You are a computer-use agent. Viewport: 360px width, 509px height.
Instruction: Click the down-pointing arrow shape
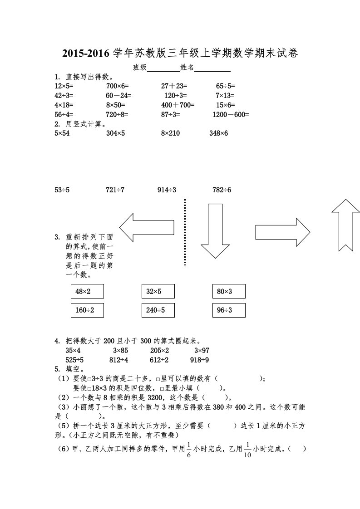(x=215, y=231)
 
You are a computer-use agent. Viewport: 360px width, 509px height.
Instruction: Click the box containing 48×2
(x=87, y=291)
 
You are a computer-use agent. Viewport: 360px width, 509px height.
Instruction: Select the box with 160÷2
(x=87, y=310)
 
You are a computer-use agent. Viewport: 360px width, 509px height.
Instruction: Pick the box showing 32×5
(x=158, y=291)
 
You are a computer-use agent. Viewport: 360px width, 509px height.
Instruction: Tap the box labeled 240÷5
(x=158, y=310)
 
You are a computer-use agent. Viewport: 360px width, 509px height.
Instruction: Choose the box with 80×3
(x=229, y=291)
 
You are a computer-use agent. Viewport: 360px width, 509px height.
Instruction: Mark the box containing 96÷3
(x=229, y=310)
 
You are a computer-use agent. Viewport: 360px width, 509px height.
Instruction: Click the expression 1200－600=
(x=231, y=115)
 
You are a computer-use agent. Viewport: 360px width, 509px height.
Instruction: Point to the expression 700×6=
(x=118, y=85)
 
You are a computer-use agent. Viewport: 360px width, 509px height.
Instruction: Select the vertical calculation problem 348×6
(x=218, y=133)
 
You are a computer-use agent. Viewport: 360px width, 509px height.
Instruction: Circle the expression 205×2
(x=159, y=350)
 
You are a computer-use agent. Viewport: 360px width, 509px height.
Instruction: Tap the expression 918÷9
(x=199, y=360)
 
